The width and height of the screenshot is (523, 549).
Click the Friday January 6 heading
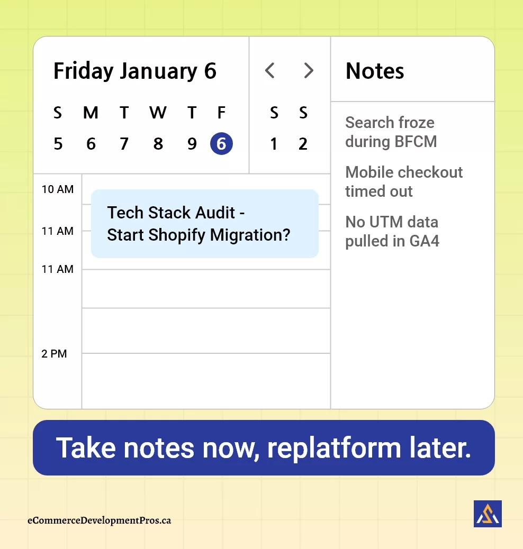(135, 71)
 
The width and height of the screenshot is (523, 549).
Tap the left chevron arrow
(270, 70)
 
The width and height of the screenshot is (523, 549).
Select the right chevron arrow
(309, 70)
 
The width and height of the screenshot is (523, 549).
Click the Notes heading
(375, 71)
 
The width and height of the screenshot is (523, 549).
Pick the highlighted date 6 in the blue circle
(221, 144)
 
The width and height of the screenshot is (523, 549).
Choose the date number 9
(192, 144)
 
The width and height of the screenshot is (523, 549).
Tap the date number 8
(158, 144)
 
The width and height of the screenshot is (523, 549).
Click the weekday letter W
(158, 113)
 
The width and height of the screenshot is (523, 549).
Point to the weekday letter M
(91, 113)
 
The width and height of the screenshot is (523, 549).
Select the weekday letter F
(221, 113)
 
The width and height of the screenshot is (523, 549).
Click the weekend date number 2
(303, 144)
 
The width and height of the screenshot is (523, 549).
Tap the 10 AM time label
(58, 189)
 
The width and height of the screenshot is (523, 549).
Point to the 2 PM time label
(54, 354)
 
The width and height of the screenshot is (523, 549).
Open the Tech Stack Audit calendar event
(204, 224)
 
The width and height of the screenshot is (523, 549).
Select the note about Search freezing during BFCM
(391, 132)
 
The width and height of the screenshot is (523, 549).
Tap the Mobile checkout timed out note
(404, 181)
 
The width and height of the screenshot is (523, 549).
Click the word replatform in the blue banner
(335, 448)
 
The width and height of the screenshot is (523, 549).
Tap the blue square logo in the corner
(488, 514)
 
